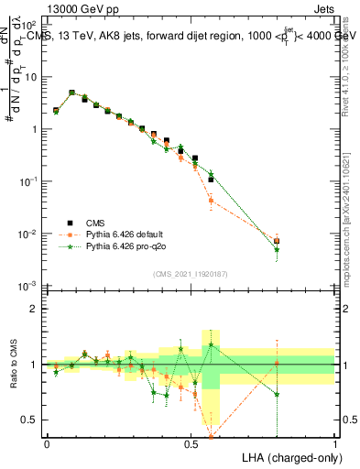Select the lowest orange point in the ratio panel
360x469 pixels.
pos(212,436)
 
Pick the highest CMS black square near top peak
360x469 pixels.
pos(71,93)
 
